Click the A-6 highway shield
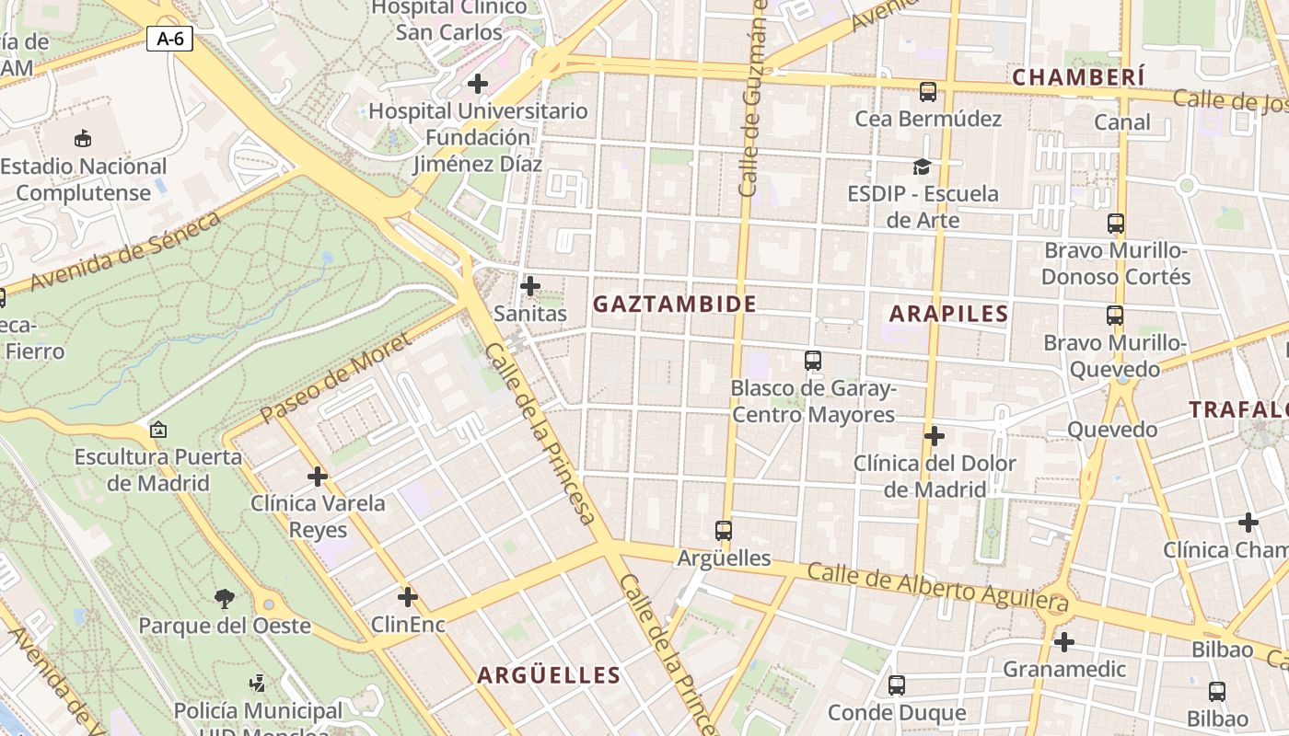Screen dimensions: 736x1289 pos(169,39)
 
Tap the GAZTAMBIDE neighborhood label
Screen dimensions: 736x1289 pos(674,305)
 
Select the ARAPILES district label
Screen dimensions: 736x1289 pos(948,314)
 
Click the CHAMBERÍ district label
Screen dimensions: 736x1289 pos(1078,77)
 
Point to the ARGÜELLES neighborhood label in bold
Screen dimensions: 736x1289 pos(548,676)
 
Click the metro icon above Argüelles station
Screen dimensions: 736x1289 pos(724,530)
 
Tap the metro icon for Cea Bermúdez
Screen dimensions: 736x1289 pos(927,92)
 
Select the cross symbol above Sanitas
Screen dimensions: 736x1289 pos(530,286)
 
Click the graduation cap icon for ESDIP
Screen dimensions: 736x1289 pos(922,167)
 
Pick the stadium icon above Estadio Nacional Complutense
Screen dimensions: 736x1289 pos(84,139)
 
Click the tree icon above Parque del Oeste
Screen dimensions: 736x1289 pos(224,599)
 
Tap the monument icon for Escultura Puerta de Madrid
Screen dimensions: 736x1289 pos(158,430)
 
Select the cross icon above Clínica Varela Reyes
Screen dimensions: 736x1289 pos(318,477)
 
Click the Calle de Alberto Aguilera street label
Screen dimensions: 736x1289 pos(937,587)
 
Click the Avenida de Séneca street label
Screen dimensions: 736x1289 pos(125,251)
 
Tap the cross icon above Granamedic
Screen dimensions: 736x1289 pos(1064,641)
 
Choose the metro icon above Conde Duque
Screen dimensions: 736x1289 pos(896,685)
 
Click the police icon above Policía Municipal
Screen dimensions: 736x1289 pos(258,684)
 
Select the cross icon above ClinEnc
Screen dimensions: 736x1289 pos(408,597)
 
